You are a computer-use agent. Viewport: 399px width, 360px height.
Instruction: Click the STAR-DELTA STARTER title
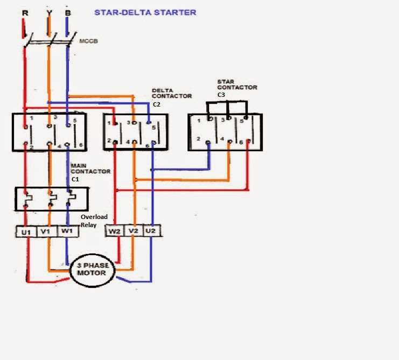pyautogui.click(x=145, y=12)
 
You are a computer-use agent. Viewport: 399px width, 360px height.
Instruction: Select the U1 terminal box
pyautogui.click(x=26, y=232)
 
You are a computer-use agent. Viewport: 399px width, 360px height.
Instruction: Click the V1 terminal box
pyautogui.click(x=47, y=232)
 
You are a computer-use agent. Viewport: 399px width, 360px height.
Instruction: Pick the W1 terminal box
pyautogui.click(x=66, y=232)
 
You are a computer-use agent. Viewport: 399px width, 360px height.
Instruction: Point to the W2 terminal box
pyautogui.click(x=115, y=231)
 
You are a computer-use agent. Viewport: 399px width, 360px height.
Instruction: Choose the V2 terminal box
pyautogui.click(x=133, y=231)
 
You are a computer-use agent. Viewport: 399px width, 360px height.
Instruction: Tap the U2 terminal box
pyautogui.click(x=151, y=231)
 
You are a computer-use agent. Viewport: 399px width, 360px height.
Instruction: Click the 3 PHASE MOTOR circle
pyautogui.click(x=95, y=269)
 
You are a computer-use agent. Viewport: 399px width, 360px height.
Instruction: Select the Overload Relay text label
pyautogui.click(x=94, y=221)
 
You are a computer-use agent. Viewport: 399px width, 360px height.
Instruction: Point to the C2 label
pyautogui.click(x=157, y=105)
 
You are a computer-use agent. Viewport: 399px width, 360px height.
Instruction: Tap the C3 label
pyautogui.click(x=221, y=95)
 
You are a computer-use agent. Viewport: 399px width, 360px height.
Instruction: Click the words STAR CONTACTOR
pyautogui.click(x=236, y=84)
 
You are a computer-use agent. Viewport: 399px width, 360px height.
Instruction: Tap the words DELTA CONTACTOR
pyautogui.click(x=171, y=94)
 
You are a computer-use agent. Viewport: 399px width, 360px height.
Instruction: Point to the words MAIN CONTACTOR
pyautogui.click(x=90, y=168)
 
